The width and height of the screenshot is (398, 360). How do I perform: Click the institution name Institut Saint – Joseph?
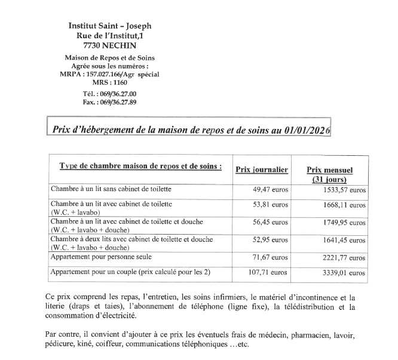[x=111, y=27]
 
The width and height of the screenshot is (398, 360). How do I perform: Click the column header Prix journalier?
[x=262, y=170]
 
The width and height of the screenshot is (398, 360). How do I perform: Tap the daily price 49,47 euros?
[x=271, y=189]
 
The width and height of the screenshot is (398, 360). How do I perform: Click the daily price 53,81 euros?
[x=271, y=204]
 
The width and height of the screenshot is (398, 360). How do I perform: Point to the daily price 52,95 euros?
[x=271, y=240]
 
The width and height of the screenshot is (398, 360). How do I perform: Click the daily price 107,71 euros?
[x=269, y=272]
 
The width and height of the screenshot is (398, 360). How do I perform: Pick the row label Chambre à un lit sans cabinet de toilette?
[x=111, y=189]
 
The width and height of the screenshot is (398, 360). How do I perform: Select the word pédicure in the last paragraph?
[x=60, y=345]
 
